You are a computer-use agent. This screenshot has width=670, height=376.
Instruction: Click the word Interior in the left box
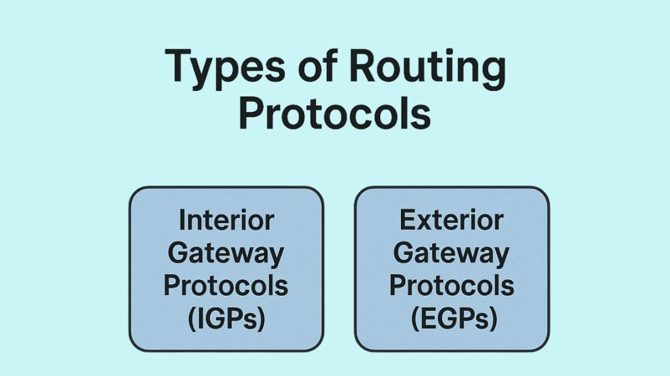tap(226, 221)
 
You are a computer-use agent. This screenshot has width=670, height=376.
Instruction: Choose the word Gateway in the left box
tap(226, 254)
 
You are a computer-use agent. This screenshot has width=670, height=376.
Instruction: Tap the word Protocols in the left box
tap(226, 286)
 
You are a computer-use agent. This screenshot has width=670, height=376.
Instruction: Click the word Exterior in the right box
tap(452, 221)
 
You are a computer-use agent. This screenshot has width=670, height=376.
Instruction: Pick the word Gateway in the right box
tap(452, 254)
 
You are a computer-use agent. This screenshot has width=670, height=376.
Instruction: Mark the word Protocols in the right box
tap(452, 286)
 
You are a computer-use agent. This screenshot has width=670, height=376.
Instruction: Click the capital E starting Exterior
tap(407, 221)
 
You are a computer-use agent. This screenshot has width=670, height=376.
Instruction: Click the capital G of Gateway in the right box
tap(405, 253)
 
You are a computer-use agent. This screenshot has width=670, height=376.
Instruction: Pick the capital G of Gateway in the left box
tap(179, 253)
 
